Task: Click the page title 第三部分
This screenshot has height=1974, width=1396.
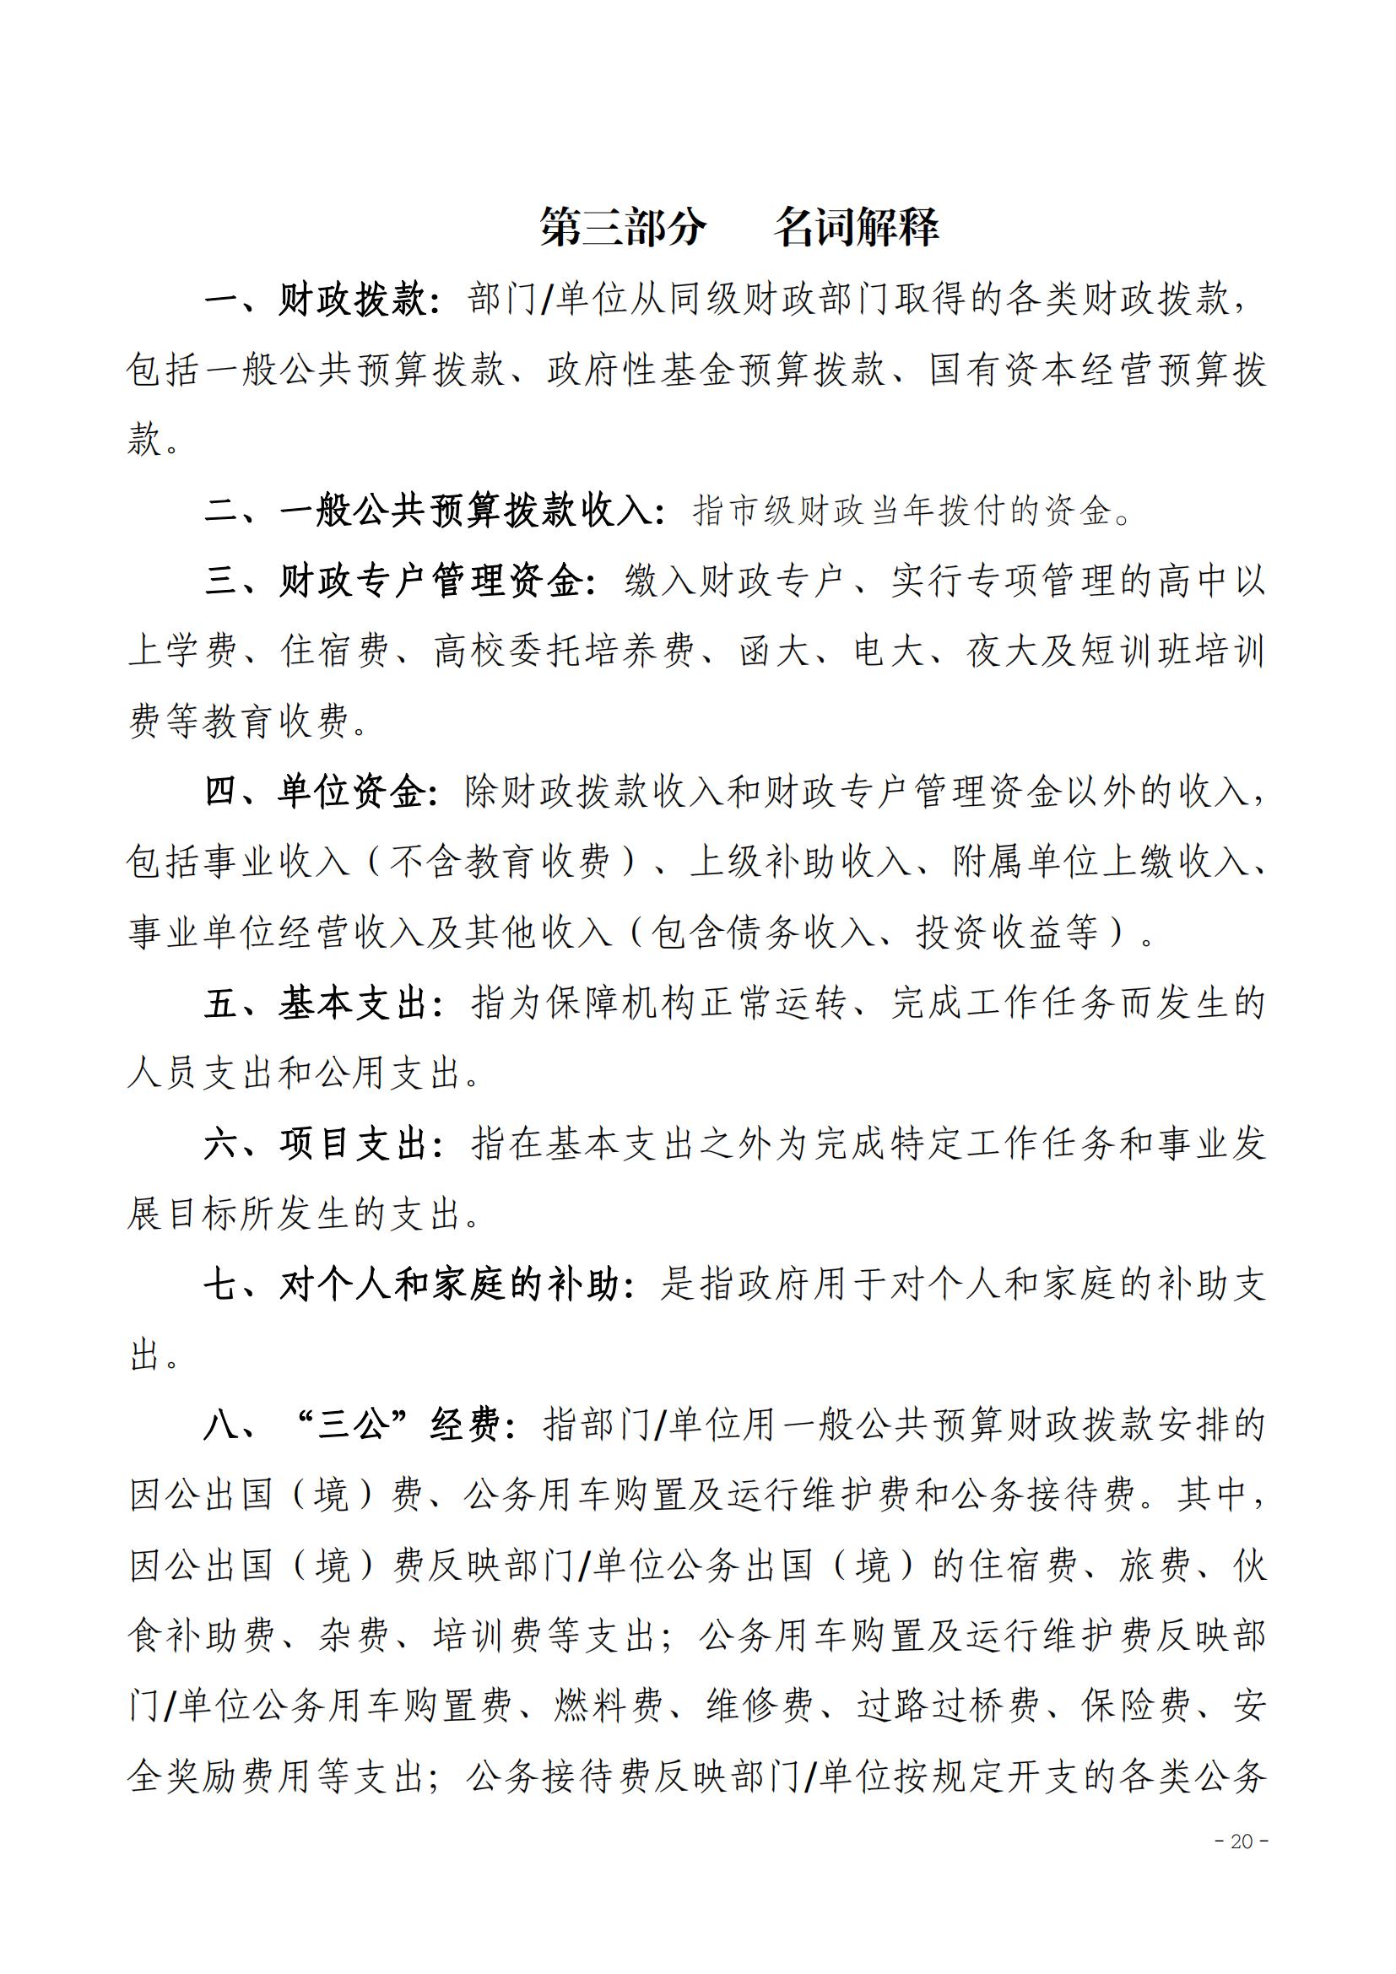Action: (623, 227)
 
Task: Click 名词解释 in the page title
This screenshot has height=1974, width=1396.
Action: (856, 227)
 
